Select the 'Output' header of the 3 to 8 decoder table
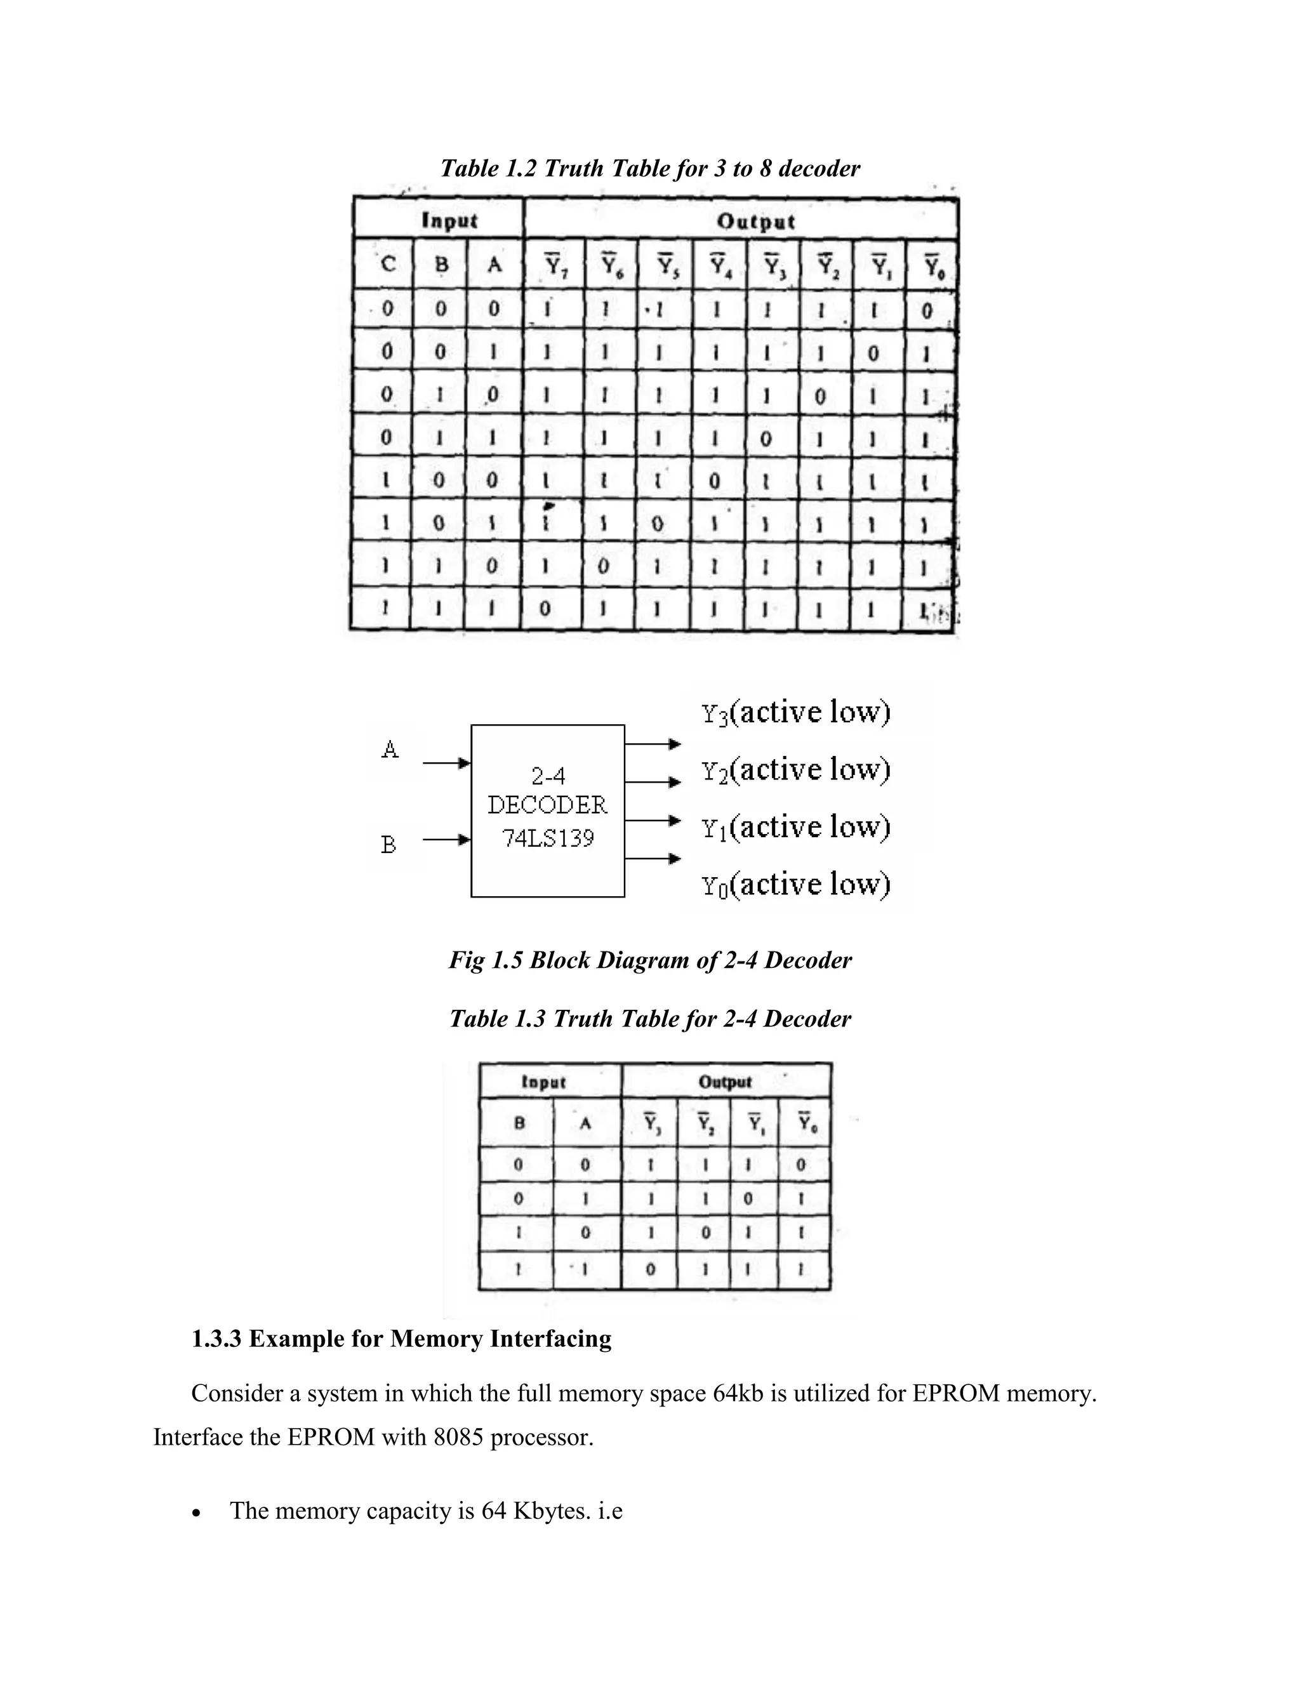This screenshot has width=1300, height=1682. [x=755, y=222]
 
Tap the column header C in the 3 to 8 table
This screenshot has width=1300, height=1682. [x=388, y=265]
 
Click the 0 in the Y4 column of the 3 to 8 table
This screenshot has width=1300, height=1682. [x=715, y=481]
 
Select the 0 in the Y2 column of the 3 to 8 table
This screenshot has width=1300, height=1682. [x=820, y=397]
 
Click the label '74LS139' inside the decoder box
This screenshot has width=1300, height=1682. [x=548, y=838]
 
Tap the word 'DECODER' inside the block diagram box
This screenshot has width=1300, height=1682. [x=548, y=805]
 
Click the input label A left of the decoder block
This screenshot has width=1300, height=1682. [x=390, y=748]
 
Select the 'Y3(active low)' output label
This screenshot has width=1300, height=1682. [x=795, y=712]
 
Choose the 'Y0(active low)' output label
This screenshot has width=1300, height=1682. [x=795, y=885]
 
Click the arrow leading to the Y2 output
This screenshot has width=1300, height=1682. [x=653, y=783]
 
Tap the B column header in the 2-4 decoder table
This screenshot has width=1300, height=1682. [x=519, y=1123]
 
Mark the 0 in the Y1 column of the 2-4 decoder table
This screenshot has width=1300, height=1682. [x=748, y=1199]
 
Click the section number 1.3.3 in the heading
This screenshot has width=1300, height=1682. [x=216, y=1339]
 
